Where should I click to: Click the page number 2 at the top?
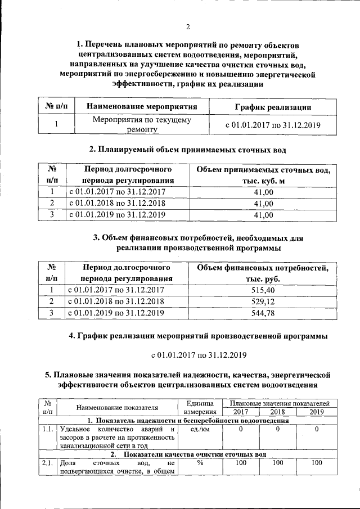tap(188, 26)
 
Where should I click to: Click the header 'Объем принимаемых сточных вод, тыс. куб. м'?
tap(263, 175)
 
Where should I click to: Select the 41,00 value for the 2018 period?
tap(263, 203)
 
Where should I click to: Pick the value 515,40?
tap(263, 290)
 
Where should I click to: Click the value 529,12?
tap(263, 301)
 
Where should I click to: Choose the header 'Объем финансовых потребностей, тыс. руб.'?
tap(263, 273)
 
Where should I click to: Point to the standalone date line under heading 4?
tap(199, 355)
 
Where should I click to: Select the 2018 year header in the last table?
tap(278, 412)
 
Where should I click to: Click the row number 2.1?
tap(47, 463)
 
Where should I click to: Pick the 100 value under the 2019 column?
tap(317, 463)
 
